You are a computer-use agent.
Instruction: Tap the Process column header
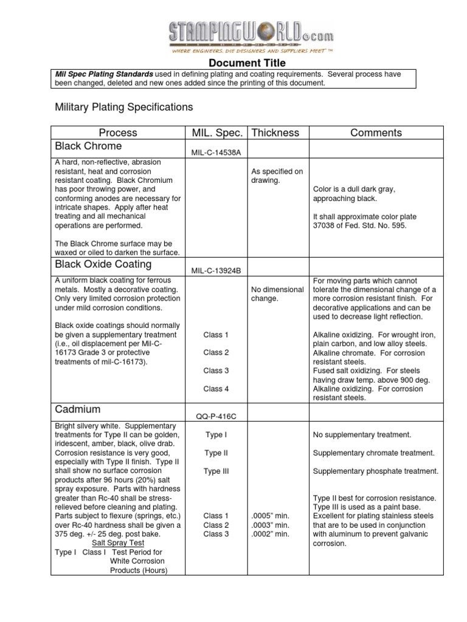coord(118,132)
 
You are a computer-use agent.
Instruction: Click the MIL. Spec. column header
coord(217,132)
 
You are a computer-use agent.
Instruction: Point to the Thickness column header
coord(275,132)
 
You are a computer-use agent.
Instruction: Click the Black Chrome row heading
coord(89,146)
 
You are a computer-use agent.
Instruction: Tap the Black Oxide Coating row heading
coord(104,265)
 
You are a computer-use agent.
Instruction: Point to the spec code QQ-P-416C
coord(216,417)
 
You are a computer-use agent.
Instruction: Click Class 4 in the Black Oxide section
coord(216,389)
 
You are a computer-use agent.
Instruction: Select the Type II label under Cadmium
coord(216,453)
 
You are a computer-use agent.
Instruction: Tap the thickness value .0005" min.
coord(270,516)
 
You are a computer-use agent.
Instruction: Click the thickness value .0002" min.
coord(270,534)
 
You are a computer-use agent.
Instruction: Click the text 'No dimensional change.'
coord(277,294)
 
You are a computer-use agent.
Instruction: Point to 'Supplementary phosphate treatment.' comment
coord(375,471)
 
